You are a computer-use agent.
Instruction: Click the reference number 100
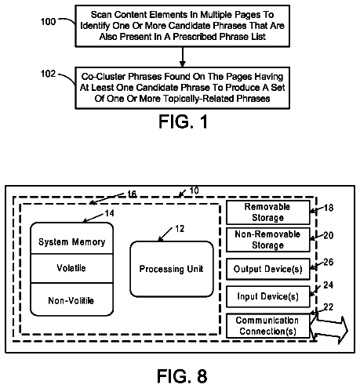point(49,21)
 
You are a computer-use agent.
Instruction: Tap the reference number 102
point(49,74)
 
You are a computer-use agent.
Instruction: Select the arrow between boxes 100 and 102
point(183,57)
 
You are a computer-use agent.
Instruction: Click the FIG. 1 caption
point(183,121)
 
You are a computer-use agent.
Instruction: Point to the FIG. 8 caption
point(182,376)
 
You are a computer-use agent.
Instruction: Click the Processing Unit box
point(172,269)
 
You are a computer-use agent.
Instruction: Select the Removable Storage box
point(268,212)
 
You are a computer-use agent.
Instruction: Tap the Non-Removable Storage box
point(268,240)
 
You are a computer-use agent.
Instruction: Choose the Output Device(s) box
point(268,269)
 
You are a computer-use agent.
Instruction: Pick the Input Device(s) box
point(268,296)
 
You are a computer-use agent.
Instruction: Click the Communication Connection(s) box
point(268,326)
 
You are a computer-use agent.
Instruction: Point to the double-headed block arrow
point(329,330)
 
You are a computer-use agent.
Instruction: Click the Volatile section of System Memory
point(71,268)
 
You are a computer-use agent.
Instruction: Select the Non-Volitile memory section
point(71,299)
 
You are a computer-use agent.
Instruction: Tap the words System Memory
point(72,242)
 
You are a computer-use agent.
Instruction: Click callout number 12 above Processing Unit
point(180,229)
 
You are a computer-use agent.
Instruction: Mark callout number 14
point(109,213)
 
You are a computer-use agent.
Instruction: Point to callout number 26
point(329,262)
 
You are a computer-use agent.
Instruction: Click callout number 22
point(329,307)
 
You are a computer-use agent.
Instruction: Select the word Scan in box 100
point(101,15)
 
